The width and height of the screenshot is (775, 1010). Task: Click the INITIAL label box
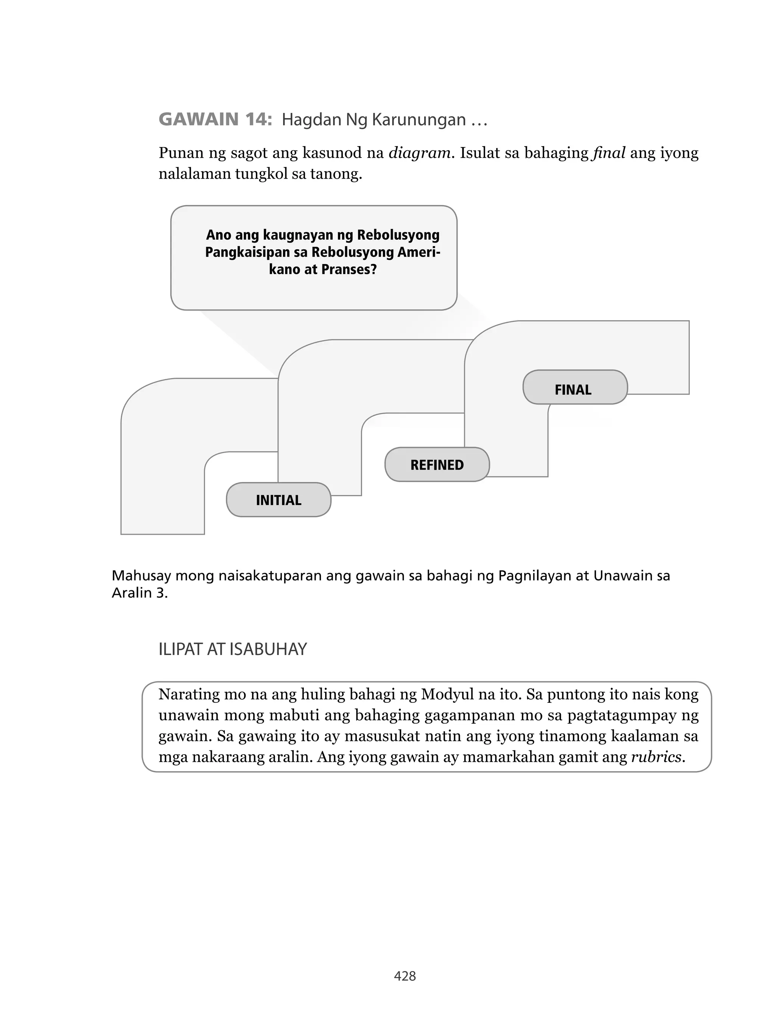tap(279, 500)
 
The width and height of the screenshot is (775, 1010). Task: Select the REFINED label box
tap(437, 465)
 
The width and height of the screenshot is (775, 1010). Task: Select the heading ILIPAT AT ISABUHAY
tap(232, 649)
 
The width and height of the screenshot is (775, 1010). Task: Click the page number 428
tap(405, 976)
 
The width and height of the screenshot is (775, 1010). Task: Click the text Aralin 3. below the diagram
tap(139, 593)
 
